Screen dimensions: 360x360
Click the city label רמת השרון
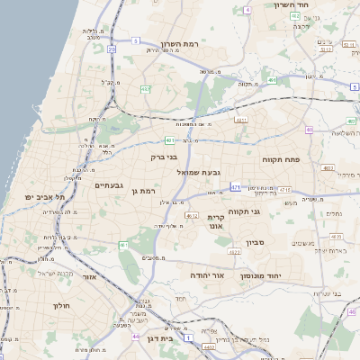(x=178, y=43)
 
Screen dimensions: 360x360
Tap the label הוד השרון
(x=292, y=4)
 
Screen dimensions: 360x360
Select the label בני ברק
(x=164, y=157)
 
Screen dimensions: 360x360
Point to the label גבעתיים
(x=109, y=184)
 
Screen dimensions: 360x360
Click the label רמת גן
(x=143, y=191)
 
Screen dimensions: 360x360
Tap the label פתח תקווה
(x=281, y=159)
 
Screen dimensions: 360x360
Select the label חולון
(x=61, y=306)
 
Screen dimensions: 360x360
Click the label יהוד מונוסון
(x=262, y=276)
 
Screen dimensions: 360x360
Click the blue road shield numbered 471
(x=235, y=187)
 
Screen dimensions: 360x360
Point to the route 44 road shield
(x=136, y=337)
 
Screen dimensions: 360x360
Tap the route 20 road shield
(x=112, y=50)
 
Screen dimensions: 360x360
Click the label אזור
(x=89, y=277)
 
